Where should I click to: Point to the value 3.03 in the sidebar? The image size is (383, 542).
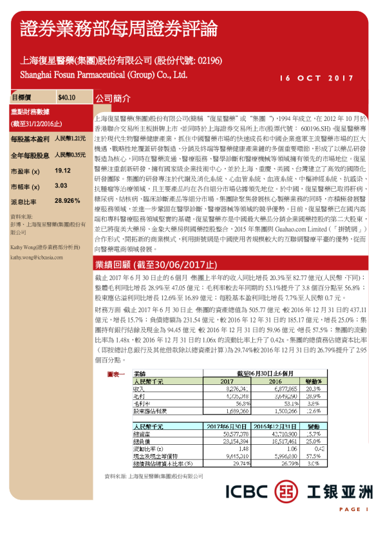coord(61,185)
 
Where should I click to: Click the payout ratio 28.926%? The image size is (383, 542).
coord(68,201)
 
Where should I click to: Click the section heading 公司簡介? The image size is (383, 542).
coord(113,100)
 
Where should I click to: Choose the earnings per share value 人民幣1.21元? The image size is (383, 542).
coord(70,138)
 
